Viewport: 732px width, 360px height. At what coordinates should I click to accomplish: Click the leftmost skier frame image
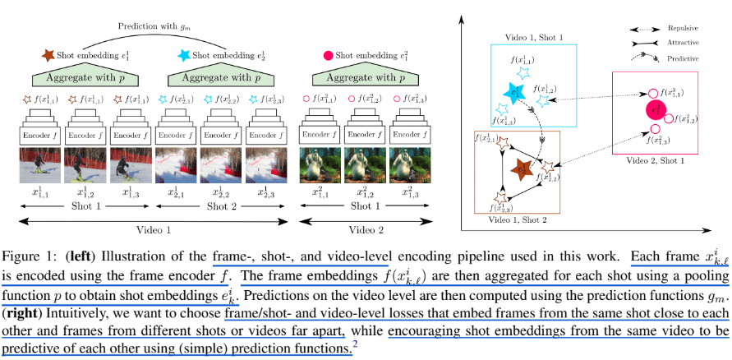[x=39, y=165]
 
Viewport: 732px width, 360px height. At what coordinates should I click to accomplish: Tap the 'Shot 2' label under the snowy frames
[x=219, y=207]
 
